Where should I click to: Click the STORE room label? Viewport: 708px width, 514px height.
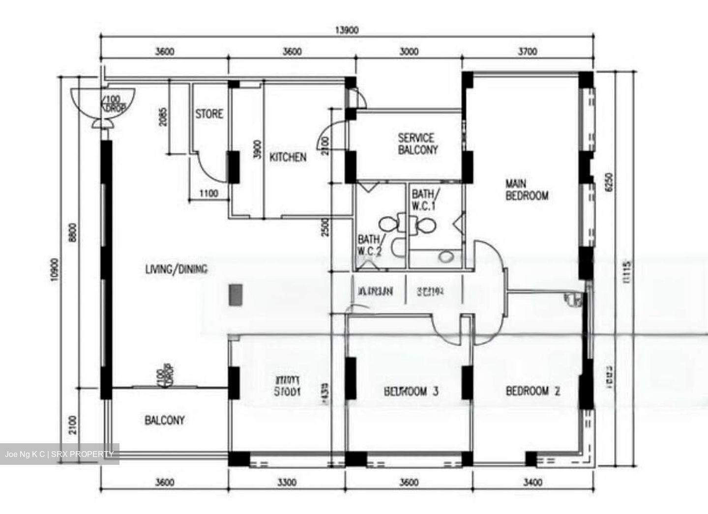click(209, 114)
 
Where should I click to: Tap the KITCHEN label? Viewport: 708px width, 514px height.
click(288, 157)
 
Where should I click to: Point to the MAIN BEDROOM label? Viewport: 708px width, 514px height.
click(527, 190)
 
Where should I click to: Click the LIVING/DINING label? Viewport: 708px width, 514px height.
click(176, 269)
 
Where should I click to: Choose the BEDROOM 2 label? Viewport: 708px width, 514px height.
click(533, 391)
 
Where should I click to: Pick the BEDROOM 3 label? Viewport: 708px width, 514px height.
click(411, 391)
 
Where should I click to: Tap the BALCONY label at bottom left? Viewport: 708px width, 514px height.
click(165, 420)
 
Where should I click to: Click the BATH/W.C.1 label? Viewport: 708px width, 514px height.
click(424, 200)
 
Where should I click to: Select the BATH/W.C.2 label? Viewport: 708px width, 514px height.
click(370, 245)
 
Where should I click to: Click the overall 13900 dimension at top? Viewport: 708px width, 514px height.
click(347, 30)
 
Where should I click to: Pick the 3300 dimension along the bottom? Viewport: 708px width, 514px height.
click(286, 483)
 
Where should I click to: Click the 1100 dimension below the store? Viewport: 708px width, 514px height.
click(208, 194)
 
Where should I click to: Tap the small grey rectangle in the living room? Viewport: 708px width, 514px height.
click(235, 295)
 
